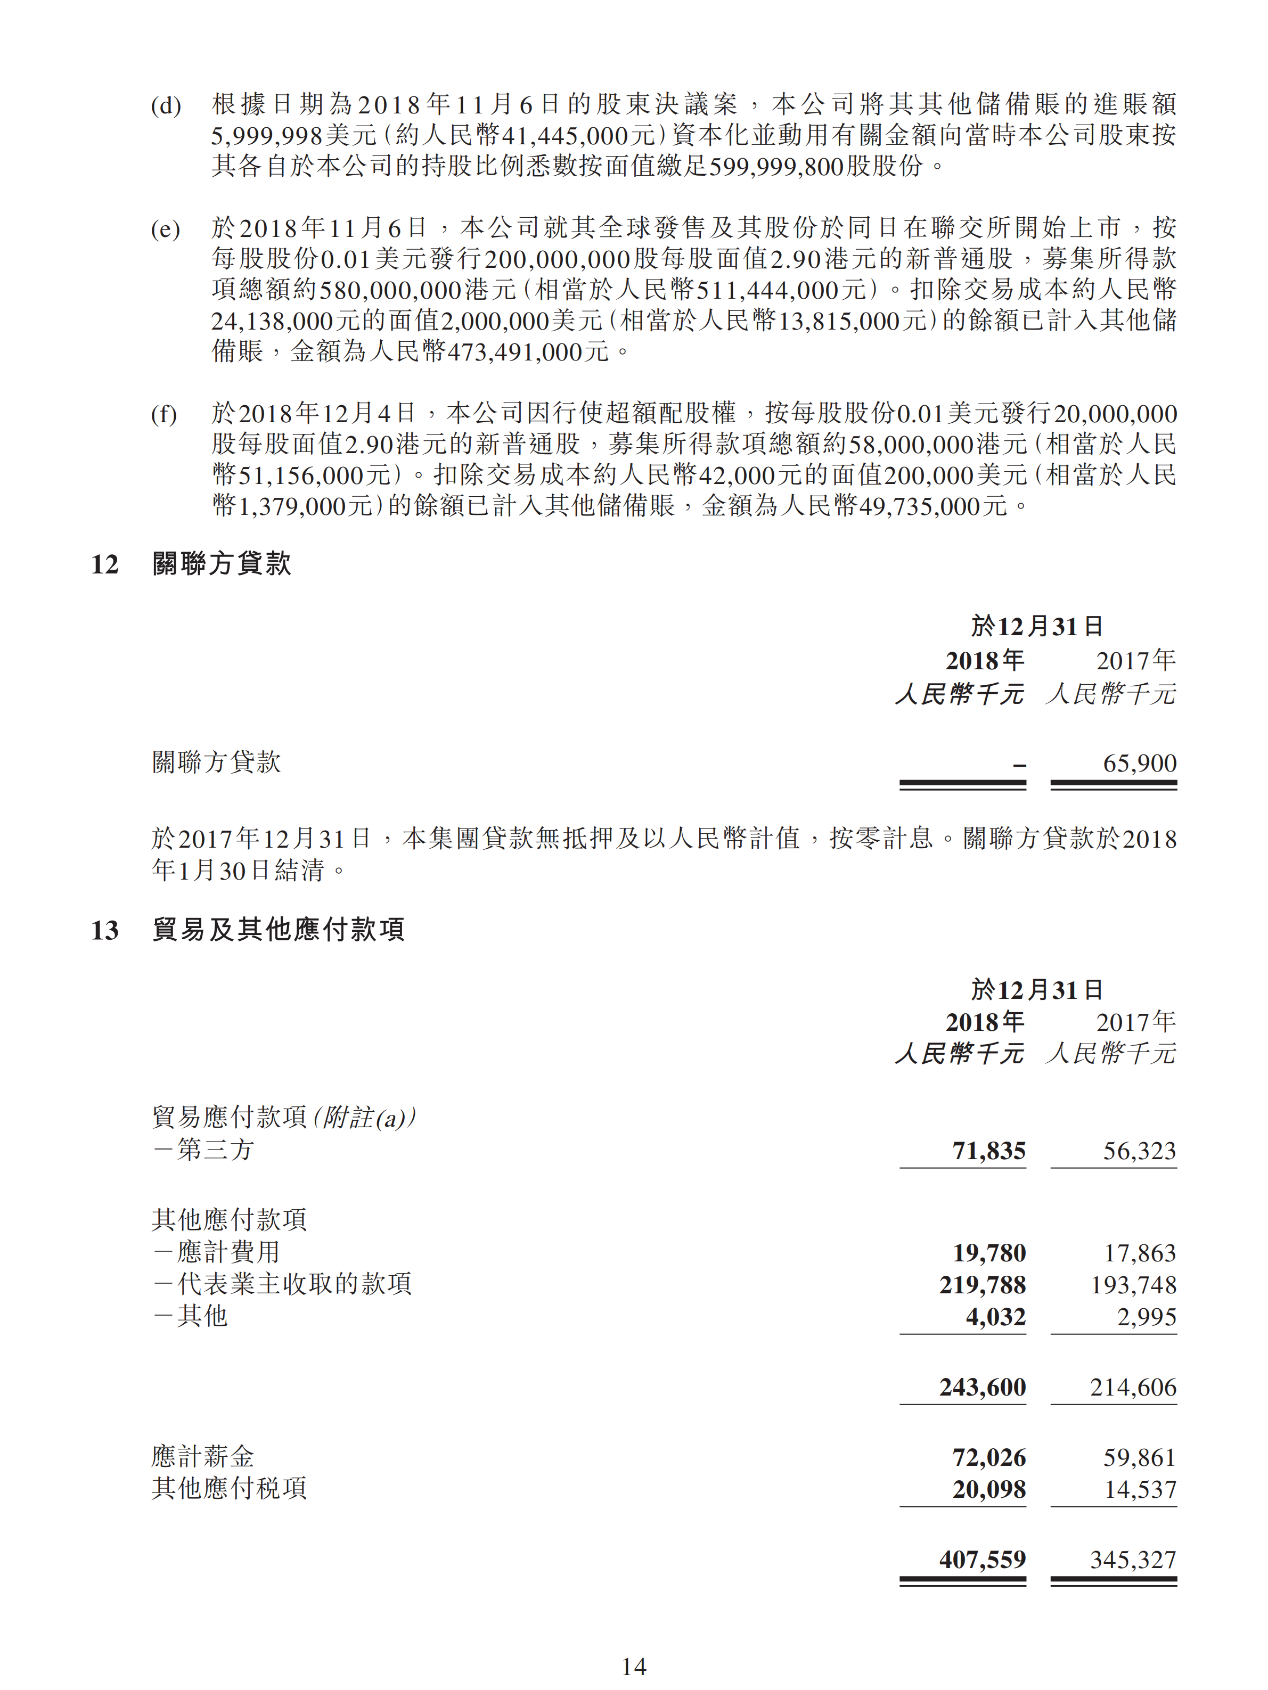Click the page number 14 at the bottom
coord(634,1667)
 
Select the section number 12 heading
coord(105,564)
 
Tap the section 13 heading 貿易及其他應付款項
coord(278,930)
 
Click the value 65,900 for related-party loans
coord(1139,762)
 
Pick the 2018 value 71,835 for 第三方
coord(988,1151)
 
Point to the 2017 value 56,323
coord(1139,1151)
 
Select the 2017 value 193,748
coord(1133,1284)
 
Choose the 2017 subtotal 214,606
coord(1133,1387)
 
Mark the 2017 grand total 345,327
coord(1133,1560)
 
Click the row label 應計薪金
coord(202,1456)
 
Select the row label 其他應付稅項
coord(230,1488)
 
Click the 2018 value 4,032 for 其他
coord(995,1316)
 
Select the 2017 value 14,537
coord(1140,1488)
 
